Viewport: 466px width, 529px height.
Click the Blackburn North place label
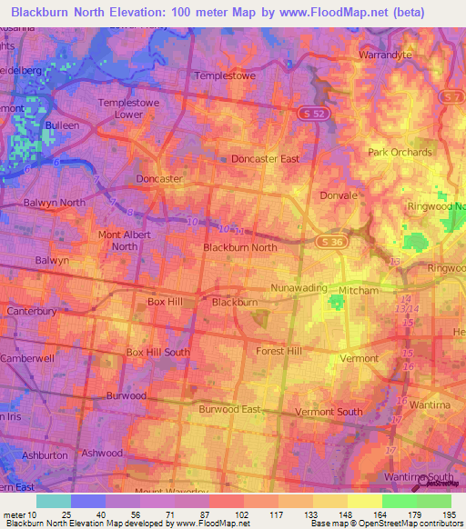(239, 247)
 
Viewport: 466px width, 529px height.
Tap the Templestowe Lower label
(135, 109)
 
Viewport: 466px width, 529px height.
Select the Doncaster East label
(265, 159)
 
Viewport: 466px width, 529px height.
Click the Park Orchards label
(400, 152)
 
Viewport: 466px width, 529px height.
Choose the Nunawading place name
(299, 288)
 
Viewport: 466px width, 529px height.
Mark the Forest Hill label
(279, 351)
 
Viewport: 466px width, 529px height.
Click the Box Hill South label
(157, 352)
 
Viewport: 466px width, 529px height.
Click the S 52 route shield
(310, 111)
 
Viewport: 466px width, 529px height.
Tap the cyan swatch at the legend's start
(54, 501)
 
